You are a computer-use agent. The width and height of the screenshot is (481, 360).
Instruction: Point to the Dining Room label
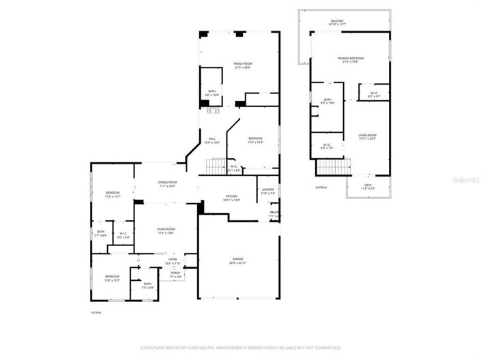[x=167, y=183]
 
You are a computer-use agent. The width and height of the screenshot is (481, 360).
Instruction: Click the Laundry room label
[x=267, y=191]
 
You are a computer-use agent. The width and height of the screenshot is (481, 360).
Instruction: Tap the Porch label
[x=176, y=275]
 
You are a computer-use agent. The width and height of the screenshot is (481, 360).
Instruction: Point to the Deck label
[x=368, y=186]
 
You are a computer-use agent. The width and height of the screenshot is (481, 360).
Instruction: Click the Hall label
[x=212, y=140]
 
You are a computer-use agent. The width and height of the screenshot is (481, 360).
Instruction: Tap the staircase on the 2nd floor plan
[x=333, y=167]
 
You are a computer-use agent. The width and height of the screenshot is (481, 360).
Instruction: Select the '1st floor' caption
[x=97, y=312]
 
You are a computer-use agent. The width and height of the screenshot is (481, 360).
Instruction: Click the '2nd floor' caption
[x=321, y=187]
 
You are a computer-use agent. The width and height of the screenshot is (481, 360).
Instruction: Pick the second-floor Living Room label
[x=368, y=136]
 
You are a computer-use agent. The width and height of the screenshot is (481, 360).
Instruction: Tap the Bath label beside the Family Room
[x=212, y=93]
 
